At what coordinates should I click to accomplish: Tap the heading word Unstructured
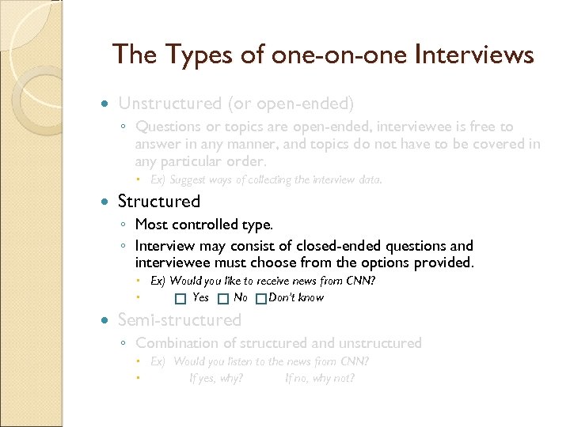tap(169, 103)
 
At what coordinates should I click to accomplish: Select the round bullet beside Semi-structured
tap(106, 320)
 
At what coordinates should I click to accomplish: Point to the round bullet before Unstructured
tap(106, 104)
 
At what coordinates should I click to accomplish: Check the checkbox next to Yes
tap(180, 299)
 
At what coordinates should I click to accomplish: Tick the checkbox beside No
tap(223, 299)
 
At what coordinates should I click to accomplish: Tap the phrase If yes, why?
tap(216, 378)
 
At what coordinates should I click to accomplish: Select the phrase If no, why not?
tap(320, 378)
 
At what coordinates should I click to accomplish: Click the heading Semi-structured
tap(179, 319)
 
